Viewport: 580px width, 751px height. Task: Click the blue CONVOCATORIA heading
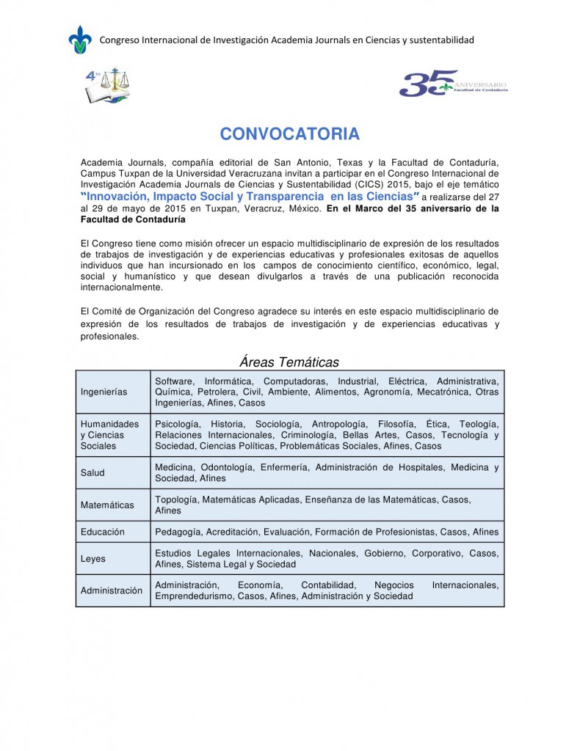[289, 134]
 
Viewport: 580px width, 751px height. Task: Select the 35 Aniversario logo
[452, 84]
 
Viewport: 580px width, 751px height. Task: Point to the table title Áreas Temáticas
[289, 362]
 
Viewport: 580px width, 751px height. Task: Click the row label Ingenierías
[104, 392]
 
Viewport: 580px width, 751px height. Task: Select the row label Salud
[93, 473]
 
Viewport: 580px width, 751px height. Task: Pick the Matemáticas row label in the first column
[107, 505]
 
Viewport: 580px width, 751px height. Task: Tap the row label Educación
[103, 532]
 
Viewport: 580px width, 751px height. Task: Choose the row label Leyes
[93, 559]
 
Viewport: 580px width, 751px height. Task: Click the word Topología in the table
[176, 499]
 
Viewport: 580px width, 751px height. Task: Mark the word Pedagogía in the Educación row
[178, 532]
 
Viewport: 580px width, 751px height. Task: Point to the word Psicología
[177, 424]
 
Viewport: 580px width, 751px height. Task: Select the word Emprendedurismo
[193, 596]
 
